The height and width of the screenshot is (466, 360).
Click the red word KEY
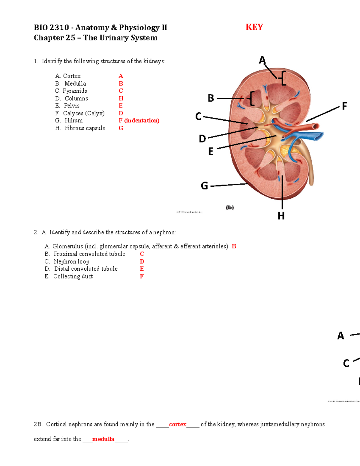point(254,27)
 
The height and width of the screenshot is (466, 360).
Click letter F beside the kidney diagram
point(344,106)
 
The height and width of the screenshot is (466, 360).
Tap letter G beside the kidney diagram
point(204,186)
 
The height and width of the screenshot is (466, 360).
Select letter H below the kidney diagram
point(281,216)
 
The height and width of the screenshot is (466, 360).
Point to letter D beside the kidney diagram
point(202,139)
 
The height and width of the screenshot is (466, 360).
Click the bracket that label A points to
point(283,78)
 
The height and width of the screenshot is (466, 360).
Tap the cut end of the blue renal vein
point(319,136)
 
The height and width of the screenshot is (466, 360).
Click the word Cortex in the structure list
point(72,76)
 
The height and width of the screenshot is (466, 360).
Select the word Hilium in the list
point(73,120)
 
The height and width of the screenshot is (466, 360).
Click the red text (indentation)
point(142,120)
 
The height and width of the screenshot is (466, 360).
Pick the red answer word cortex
point(178,424)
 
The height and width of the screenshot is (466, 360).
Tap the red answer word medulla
point(103,439)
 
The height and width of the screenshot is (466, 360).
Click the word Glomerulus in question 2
point(67,246)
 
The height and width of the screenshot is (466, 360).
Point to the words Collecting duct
point(73,276)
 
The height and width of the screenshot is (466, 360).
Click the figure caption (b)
point(230,207)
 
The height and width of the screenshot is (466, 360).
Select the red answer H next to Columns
point(121,98)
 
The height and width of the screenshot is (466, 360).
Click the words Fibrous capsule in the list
point(85,128)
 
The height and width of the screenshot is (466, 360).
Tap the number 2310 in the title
point(59,28)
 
